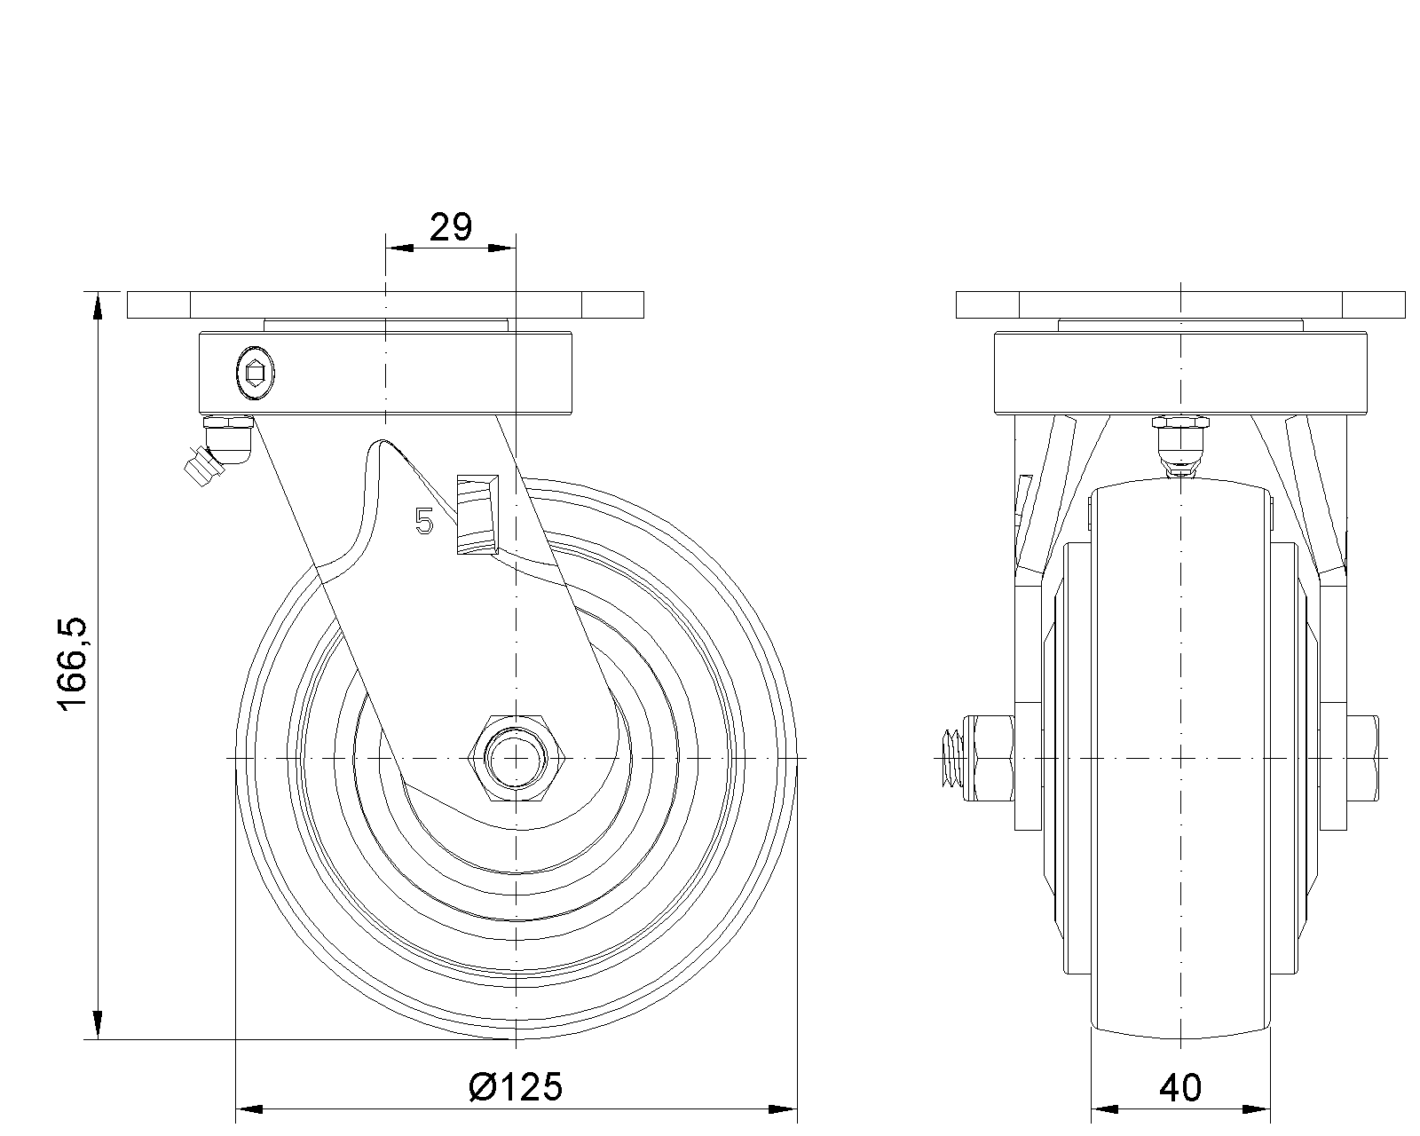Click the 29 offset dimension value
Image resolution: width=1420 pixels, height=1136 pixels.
(x=450, y=229)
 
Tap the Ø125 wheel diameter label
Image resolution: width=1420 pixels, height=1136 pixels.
(x=516, y=1086)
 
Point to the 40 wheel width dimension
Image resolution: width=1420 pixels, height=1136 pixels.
(x=1180, y=1086)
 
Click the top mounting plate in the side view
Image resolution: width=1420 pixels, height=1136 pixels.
(x=384, y=304)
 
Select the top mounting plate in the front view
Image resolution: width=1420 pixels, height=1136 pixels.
(x=1180, y=304)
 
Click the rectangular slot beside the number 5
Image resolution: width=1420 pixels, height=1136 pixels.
(x=477, y=514)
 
